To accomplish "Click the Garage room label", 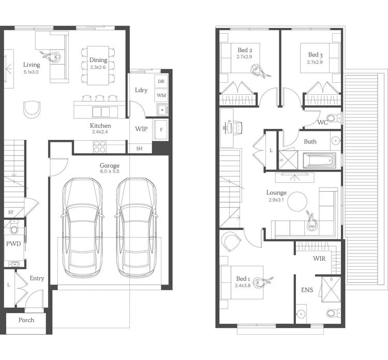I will [109, 166].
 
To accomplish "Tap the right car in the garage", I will [136, 228].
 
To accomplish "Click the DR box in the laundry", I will [161, 82].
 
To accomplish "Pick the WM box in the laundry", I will [161, 95].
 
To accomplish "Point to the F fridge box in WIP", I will [161, 129].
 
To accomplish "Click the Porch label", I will [26, 320].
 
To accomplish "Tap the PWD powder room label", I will [13, 243].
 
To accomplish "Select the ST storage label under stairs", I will [10, 212].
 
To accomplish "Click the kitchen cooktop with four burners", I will [99, 147].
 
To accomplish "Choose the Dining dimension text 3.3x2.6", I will [98, 67].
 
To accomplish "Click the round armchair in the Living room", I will [32, 109].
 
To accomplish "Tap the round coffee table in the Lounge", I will [298, 201].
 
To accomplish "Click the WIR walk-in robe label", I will [319, 258].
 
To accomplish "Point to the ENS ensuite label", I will [306, 291].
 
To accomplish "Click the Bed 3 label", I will [315, 54].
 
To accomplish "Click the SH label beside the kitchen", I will [139, 148].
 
